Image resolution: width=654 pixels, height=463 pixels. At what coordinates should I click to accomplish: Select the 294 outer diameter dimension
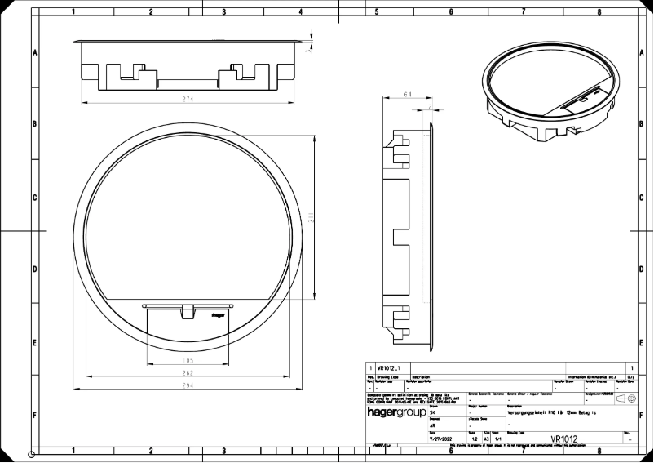[188, 384]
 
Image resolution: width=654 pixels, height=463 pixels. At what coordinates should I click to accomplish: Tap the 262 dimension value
[188, 372]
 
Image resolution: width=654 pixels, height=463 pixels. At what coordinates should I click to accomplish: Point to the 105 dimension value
[188, 360]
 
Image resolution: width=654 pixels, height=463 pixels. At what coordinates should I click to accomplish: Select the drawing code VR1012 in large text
[563, 439]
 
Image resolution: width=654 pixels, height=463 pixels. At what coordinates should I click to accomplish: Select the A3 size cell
[487, 439]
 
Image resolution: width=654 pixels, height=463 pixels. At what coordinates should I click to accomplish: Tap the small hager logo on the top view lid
[218, 313]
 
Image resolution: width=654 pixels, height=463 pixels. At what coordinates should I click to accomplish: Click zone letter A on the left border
[35, 52]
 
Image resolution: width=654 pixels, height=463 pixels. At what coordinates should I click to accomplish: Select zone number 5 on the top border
[377, 13]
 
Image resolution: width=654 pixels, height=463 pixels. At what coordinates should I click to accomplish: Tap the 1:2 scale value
[473, 439]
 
